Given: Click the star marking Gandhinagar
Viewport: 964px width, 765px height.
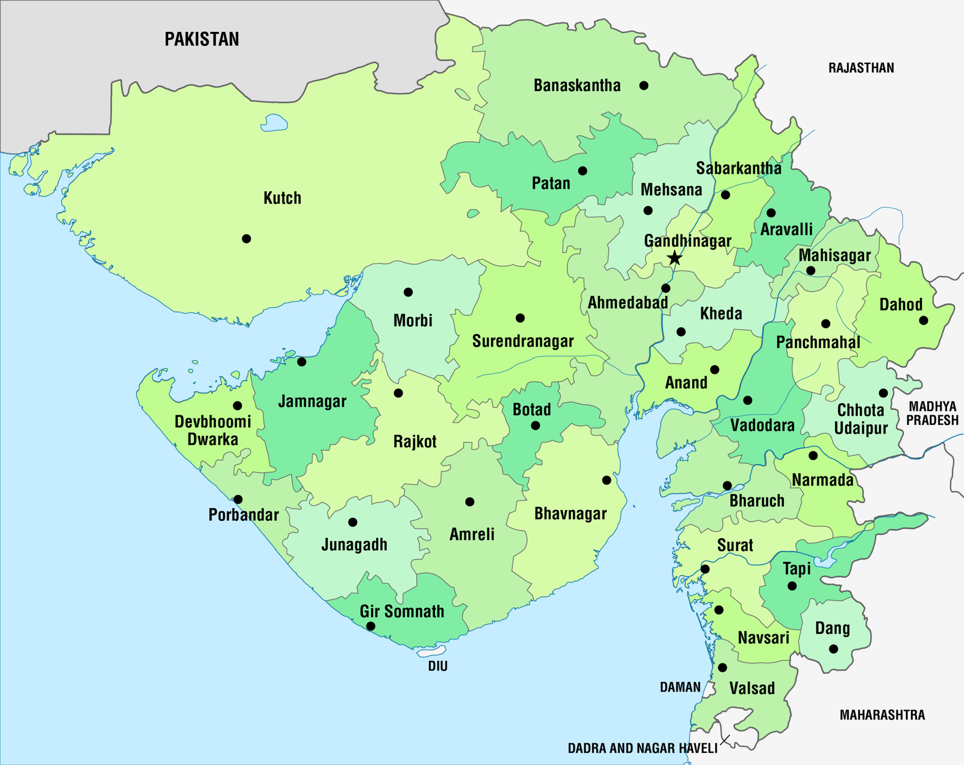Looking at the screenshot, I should [x=675, y=259].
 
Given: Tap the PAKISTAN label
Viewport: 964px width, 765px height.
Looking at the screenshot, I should [x=202, y=39].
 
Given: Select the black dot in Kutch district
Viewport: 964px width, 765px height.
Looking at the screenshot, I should [x=246, y=239].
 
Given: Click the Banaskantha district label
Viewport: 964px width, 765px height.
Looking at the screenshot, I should [x=577, y=86].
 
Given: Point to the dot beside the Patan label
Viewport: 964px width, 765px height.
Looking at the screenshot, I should [x=583, y=171].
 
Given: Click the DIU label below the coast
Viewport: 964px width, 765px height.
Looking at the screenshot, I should [x=438, y=666].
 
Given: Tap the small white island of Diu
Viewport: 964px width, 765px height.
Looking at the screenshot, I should [x=432, y=651].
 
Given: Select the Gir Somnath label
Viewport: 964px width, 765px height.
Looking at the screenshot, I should [x=402, y=611].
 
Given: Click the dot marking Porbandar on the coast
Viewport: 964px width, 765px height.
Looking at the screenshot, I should [x=238, y=499].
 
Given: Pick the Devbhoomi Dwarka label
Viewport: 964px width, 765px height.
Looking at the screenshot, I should [x=213, y=430].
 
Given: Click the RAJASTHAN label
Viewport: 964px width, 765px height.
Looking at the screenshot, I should [x=861, y=68].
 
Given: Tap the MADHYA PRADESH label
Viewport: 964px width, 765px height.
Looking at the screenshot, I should [x=932, y=414].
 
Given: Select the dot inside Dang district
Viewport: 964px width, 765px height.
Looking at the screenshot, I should [x=833, y=649].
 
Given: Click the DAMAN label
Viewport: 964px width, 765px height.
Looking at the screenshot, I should [x=680, y=687].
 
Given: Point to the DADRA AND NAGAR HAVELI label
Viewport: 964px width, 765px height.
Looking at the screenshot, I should [x=642, y=748].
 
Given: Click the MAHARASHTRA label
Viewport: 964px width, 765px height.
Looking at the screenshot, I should [x=882, y=715].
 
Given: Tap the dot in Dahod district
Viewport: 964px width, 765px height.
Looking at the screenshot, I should [x=924, y=321].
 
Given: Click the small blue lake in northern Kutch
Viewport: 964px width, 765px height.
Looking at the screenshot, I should [x=274, y=124].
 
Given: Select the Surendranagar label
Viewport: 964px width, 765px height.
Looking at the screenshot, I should [x=523, y=341].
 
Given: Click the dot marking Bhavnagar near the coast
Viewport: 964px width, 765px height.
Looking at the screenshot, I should [x=607, y=480].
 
